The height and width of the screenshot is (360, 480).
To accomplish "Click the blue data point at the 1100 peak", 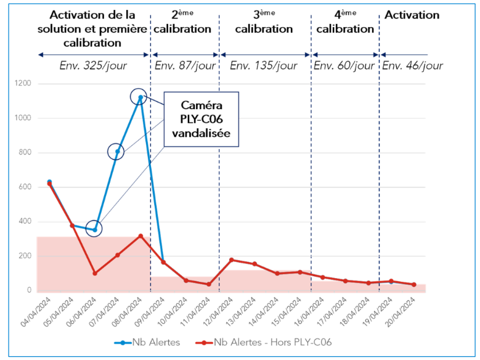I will pos(140,97).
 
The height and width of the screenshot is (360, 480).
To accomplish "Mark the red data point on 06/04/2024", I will pos(94,273).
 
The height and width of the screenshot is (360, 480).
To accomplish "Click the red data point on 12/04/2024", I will pos(232,260).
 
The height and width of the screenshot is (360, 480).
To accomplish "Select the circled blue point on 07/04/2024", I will pos(117,152).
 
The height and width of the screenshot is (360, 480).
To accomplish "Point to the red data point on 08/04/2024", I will pos(140,236).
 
